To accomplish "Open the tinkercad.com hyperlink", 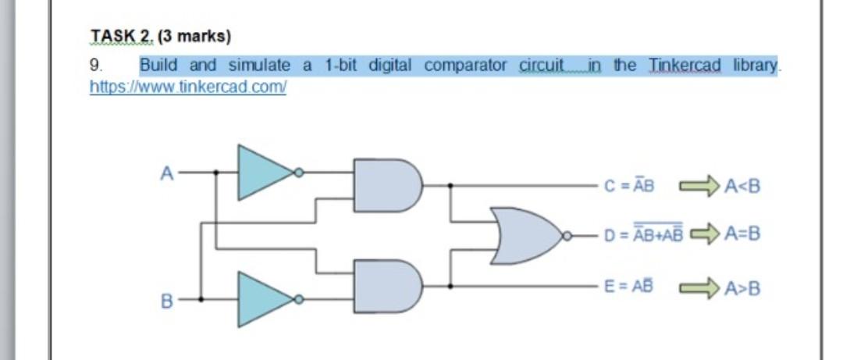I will tap(188, 86).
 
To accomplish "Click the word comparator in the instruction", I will tap(465, 66).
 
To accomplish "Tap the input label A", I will tap(166, 173).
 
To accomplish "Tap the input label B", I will tap(166, 300).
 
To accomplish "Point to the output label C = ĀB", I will tap(629, 186).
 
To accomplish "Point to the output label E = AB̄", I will tap(629, 286).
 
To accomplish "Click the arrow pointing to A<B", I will tap(697, 186).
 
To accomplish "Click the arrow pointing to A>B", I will tap(697, 287).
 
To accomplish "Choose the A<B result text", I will tap(742, 187).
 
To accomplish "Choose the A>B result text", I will tap(742, 288).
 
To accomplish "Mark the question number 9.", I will tap(94, 66).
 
